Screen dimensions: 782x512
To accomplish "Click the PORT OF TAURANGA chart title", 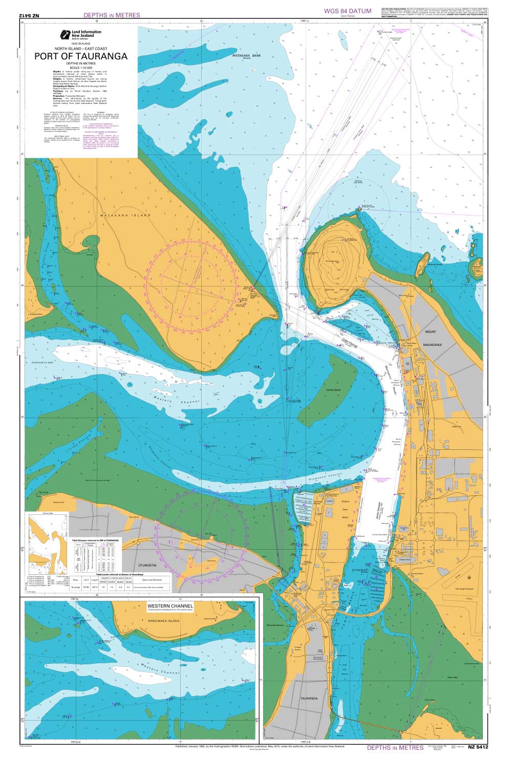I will pyautogui.click(x=81, y=57).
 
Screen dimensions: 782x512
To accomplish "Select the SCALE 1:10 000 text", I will pyautogui.click(x=81, y=68).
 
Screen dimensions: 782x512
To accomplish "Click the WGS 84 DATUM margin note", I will pyautogui.click(x=348, y=11).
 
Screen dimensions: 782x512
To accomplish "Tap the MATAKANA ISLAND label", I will pyautogui.click(x=126, y=216).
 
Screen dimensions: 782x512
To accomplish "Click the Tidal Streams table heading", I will pyautogui.click(x=95, y=540).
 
